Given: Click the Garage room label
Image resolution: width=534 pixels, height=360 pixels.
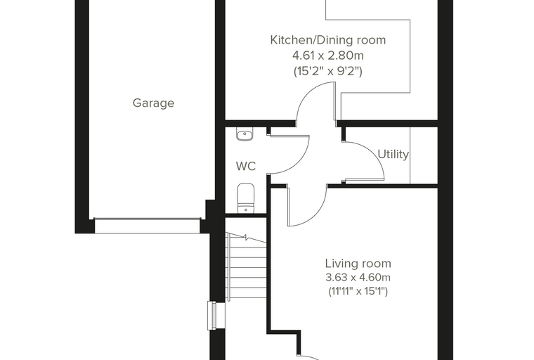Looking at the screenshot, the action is [x=153, y=103].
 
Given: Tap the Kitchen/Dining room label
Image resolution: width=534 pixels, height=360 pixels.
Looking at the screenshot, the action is [x=328, y=40].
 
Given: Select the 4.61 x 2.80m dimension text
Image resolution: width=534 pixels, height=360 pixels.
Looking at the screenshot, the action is [x=328, y=55].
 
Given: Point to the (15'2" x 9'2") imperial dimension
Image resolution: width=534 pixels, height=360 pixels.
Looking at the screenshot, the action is [x=328, y=71].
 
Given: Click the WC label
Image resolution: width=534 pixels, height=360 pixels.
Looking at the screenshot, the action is [x=245, y=167].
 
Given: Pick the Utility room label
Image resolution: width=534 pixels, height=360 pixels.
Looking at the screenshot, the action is [x=393, y=155].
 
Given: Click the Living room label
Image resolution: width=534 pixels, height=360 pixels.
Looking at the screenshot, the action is [x=358, y=264].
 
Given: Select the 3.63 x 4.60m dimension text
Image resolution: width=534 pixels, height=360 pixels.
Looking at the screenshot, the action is [x=358, y=278].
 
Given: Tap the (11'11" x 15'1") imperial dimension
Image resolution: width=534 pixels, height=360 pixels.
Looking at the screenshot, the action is [x=358, y=292].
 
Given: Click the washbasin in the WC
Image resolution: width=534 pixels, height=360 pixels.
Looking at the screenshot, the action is [x=245, y=134].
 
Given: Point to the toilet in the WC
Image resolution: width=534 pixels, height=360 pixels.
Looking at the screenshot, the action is [x=245, y=198].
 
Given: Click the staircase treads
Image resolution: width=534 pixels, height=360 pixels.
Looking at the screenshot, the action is [x=246, y=266].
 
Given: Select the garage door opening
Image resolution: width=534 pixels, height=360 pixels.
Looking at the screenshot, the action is [x=147, y=226].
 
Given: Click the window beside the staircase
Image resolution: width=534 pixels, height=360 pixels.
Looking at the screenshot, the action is [x=212, y=316].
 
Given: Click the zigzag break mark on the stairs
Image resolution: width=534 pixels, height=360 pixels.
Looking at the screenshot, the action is [x=245, y=237].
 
